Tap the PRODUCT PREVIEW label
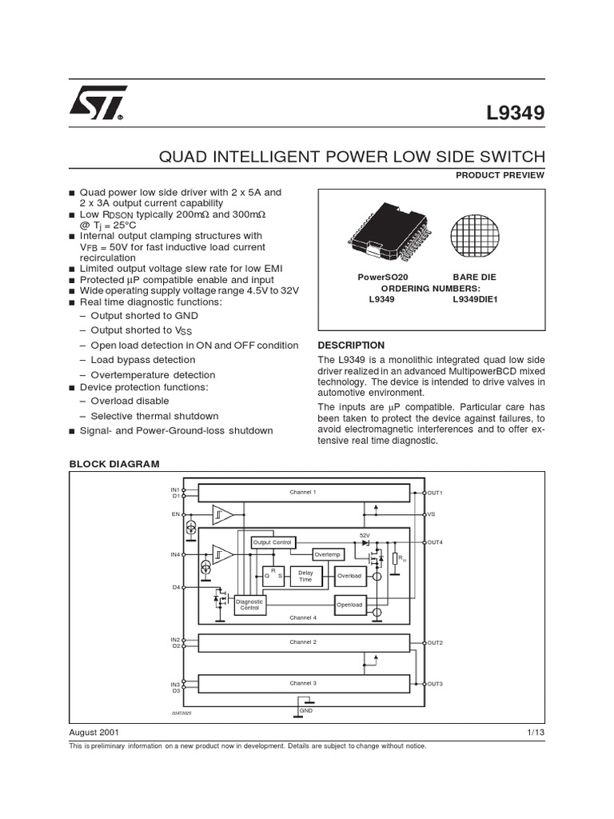click(500, 175)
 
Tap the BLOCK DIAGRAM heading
click(114, 464)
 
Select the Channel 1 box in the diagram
click(303, 493)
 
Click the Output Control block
click(272, 542)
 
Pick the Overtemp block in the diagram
click(327, 553)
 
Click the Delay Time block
click(305, 576)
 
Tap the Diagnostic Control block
click(249, 605)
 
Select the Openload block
click(349, 605)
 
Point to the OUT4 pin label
click(436, 542)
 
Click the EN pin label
click(175, 514)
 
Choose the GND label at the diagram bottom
click(306, 710)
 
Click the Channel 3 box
click(303, 683)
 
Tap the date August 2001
click(95, 732)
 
